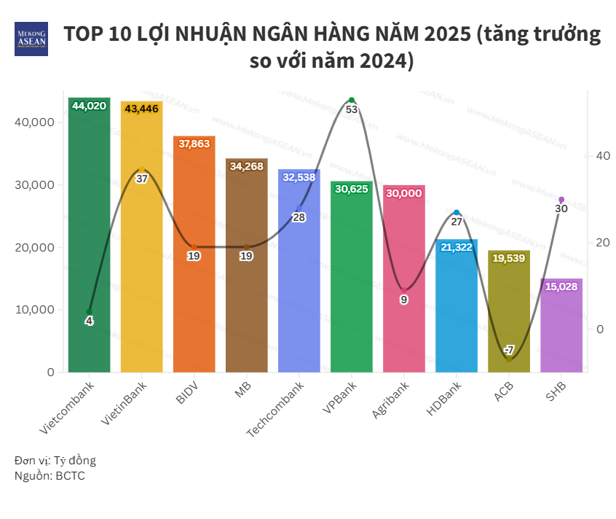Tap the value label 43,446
[141, 109]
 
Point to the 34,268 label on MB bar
[246, 166]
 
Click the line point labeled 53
[352, 101]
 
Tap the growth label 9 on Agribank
[404, 300]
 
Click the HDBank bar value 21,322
[457, 247]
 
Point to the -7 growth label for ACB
[509, 349]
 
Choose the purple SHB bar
[561, 328]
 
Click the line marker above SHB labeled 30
[561, 200]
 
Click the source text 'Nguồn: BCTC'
[44, 475]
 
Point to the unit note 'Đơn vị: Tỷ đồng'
[55, 461]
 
